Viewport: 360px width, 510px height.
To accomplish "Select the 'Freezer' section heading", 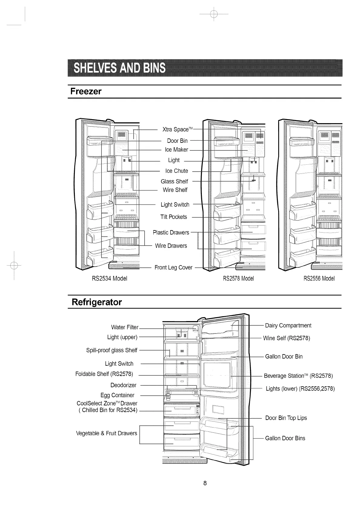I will click(x=86, y=91).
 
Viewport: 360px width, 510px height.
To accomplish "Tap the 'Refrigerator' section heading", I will click(x=96, y=302).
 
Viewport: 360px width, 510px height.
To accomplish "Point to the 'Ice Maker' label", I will click(x=176, y=150).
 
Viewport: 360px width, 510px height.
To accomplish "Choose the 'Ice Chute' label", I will click(x=177, y=171).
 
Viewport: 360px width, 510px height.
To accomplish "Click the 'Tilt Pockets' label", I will click(x=174, y=217).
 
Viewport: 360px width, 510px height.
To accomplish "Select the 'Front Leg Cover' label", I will click(x=173, y=267).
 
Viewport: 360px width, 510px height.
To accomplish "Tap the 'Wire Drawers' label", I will click(x=171, y=246).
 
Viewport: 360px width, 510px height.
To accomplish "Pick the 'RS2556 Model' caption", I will click(x=319, y=278).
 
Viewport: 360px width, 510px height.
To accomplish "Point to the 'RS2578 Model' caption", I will click(x=238, y=278).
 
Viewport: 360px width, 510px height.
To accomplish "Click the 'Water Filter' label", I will click(x=125, y=327).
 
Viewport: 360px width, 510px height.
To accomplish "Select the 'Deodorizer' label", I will click(x=123, y=385).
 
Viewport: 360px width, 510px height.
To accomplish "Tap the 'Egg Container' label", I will click(x=117, y=395).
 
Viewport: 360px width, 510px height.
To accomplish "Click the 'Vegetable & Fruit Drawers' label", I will click(x=107, y=433).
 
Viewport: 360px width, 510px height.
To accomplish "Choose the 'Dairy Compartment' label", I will click(x=288, y=326).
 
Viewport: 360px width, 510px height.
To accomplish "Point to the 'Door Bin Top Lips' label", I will click(x=286, y=418).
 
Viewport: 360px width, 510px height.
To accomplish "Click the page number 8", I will click(x=205, y=483).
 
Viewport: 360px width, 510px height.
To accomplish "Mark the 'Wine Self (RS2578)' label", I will click(x=286, y=338).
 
